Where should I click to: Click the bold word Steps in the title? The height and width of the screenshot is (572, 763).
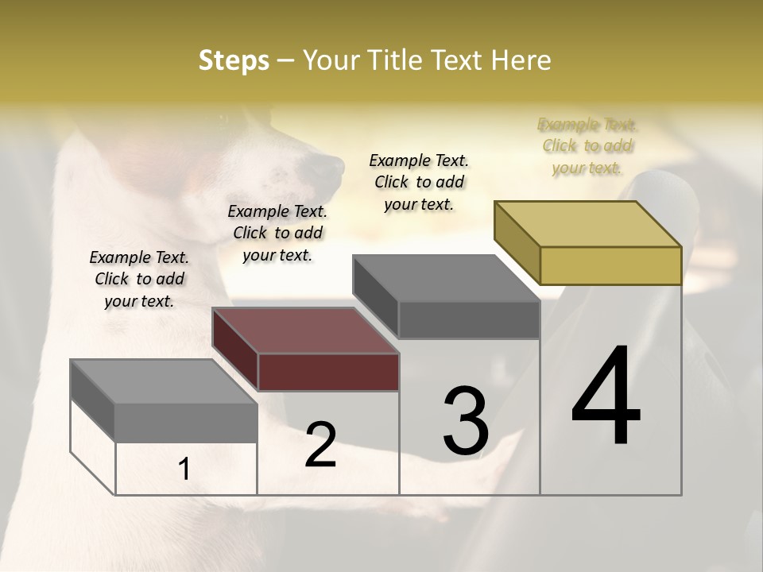click(234, 60)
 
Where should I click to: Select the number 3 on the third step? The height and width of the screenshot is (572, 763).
click(466, 421)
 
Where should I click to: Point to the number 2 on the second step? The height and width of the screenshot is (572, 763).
click(320, 445)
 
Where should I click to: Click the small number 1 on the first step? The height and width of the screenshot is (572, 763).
click(184, 470)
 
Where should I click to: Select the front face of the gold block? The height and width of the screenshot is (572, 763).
click(610, 265)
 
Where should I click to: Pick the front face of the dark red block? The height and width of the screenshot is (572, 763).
click(328, 372)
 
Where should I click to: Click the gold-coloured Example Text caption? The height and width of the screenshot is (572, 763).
click(587, 146)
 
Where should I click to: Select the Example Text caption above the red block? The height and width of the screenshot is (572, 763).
click(277, 233)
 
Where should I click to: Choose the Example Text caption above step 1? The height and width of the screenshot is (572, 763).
click(139, 279)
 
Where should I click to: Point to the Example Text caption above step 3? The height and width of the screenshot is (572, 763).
click(419, 182)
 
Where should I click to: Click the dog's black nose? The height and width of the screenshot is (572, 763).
click(327, 168)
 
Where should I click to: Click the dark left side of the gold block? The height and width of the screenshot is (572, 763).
click(517, 242)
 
